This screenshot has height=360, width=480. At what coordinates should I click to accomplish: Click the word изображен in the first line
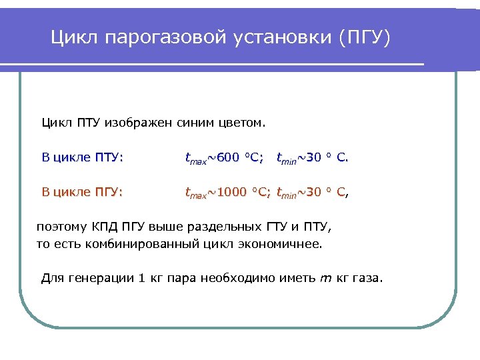point(138,123)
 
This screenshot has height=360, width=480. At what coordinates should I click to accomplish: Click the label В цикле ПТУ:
point(82,157)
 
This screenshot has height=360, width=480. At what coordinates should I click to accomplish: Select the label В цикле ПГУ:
point(82,192)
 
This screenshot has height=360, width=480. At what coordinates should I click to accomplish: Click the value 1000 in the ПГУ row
point(232,193)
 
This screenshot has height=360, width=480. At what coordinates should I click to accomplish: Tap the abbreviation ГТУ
point(279,227)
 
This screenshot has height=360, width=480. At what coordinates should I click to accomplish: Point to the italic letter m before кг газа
point(326,278)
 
